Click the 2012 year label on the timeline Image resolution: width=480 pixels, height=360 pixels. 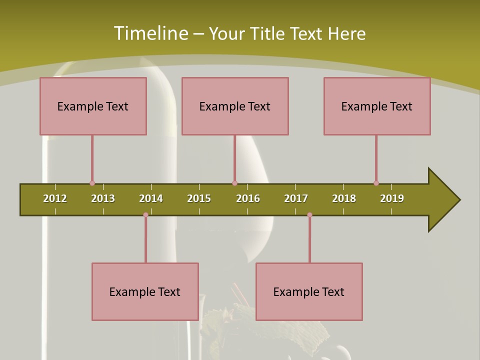[55, 198]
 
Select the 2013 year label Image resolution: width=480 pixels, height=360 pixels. [103, 198]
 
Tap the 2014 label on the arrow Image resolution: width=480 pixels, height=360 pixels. [151, 198]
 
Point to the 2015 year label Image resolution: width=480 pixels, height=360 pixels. [199, 198]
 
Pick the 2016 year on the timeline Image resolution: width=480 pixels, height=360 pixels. [248, 198]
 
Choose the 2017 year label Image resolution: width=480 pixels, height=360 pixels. [296, 198]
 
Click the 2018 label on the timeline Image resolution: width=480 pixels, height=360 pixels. [344, 198]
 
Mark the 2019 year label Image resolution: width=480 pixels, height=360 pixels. [392, 198]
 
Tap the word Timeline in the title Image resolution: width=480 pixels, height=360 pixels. [150, 33]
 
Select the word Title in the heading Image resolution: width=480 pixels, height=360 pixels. [268, 33]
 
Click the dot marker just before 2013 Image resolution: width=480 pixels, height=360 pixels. [92, 183]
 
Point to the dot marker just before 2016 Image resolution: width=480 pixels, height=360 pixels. [234, 183]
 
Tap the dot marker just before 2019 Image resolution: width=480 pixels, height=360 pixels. [376, 183]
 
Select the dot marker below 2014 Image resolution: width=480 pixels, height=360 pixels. [145, 215]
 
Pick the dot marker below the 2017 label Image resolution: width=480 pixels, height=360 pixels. [309, 215]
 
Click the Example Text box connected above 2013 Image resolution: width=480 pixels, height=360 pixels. [93, 106]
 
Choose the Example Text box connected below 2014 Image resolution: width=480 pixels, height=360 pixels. [145, 291]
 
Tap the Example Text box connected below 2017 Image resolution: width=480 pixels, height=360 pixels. [309, 291]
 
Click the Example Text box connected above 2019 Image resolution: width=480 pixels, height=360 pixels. [377, 106]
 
